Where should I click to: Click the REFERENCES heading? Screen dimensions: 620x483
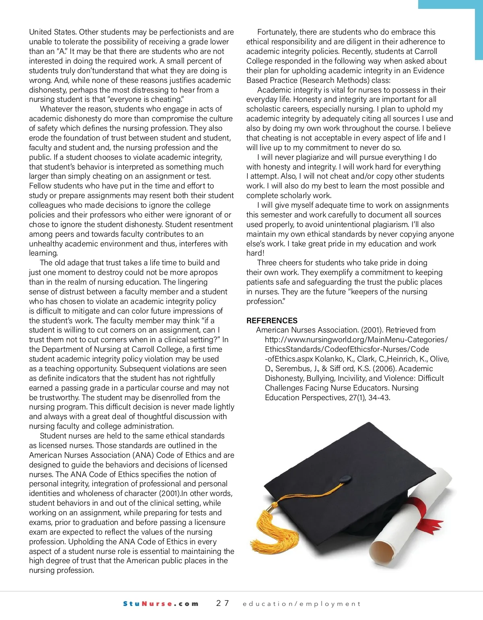click(272, 320)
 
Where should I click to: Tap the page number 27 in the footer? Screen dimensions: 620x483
click(223, 603)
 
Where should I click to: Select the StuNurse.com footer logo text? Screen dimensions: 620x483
click(161, 603)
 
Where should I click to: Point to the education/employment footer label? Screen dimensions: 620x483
click(301, 603)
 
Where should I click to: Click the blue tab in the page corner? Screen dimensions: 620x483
click(451, 4)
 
